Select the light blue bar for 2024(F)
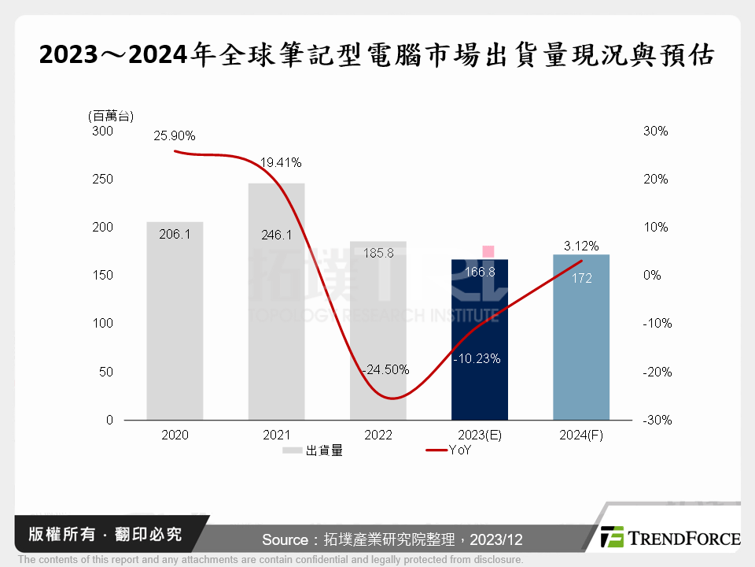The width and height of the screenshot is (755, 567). pos(581,346)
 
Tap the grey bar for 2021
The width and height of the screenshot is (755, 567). pos(276,315)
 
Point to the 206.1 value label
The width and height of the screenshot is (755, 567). pos(175,235)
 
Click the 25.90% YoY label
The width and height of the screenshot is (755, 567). pos(175,135)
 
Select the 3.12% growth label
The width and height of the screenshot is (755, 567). pos(581,245)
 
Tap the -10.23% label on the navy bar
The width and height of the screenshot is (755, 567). pos(477,359)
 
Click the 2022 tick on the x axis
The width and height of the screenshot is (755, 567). pos(377,435)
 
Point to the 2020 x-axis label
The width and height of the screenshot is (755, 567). pos(175,435)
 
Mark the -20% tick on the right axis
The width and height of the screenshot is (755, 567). pos(656,372)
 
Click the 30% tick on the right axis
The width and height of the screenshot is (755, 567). pos(656,132)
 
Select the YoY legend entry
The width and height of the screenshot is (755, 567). pos(448,450)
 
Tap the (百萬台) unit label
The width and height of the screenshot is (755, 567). pos(111,116)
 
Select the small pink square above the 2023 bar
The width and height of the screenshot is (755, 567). pos(488,251)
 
